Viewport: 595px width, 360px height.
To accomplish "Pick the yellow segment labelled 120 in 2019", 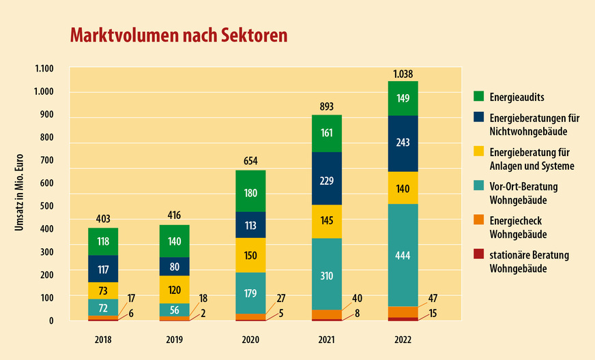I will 174,289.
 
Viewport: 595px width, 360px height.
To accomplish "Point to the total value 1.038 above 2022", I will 403,74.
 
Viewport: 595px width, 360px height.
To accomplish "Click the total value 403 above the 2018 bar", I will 103,219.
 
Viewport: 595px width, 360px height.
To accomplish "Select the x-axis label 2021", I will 327,338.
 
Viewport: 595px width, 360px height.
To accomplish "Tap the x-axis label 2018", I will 103,338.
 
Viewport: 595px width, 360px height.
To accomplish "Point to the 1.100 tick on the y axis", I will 43,69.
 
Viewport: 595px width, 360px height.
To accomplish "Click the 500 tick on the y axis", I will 46,206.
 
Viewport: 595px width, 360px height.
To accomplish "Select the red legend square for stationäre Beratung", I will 478,254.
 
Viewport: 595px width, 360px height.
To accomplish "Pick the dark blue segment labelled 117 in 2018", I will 103,269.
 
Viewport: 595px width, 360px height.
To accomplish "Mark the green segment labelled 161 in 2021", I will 327,134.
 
